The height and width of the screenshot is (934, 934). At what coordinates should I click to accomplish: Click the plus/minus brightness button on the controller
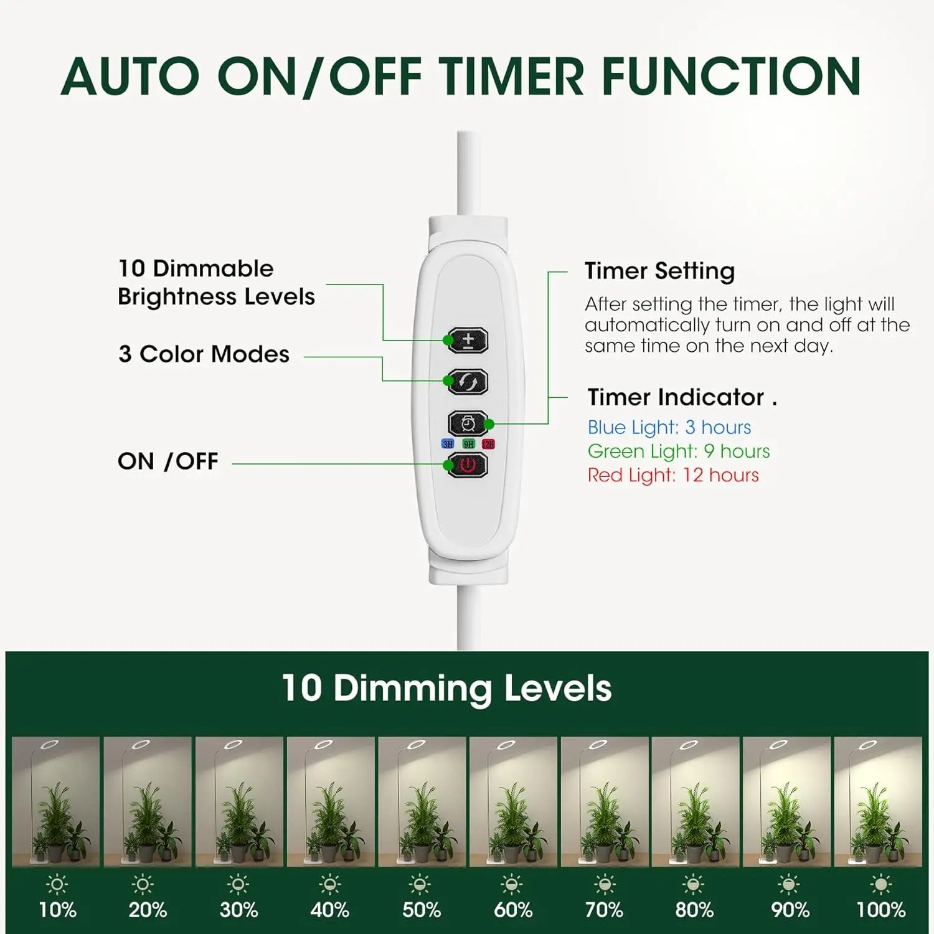pyautogui.click(x=468, y=341)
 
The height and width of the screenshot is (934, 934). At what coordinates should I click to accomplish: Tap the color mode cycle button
pyautogui.click(x=468, y=382)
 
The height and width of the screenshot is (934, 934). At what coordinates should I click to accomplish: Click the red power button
pyautogui.click(x=468, y=465)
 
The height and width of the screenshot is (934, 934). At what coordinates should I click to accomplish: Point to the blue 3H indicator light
pyautogui.click(x=448, y=444)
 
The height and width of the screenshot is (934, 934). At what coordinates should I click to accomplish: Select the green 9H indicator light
pyautogui.click(x=468, y=444)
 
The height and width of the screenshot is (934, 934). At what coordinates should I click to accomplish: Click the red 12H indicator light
pyautogui.click(x=488, y=444)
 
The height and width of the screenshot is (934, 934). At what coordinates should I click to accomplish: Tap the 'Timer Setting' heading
pyautogui.click(x=660, y=271)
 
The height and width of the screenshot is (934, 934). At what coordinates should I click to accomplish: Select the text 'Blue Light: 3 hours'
pyautogui.click(x=669, y=427)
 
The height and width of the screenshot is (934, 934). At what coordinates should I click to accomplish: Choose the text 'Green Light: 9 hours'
pyautogui.click(x=679, y=451)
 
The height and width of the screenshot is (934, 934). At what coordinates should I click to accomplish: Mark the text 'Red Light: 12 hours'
pyautogui.click(x=673, y=475)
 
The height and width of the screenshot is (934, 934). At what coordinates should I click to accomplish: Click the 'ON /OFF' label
pyautogui.click(x=168, y=461)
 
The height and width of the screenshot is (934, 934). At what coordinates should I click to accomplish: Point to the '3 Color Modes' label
pyautogui.click(x=204, y=354)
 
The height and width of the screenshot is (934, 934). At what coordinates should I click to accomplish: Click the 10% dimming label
pyautogui.click(x=57, y=910)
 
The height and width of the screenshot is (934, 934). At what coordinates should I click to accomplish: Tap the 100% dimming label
pyautogui.click(x=880, y=910)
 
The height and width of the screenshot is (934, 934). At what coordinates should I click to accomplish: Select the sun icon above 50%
pyautogui.click(x=421, y=884)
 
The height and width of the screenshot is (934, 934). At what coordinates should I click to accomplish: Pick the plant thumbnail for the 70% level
pyautogui.click(x=605, y=801)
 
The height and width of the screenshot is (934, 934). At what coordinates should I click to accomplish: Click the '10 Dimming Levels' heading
pyautogui.click(x=446, y=689)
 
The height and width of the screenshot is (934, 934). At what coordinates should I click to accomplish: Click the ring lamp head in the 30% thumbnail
pyautogui.click(x=233, y=745)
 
